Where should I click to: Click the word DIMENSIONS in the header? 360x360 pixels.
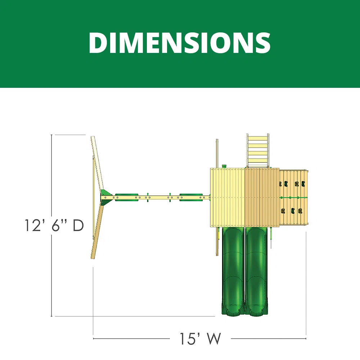coord(180,43)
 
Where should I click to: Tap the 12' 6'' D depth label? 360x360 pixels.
coord(54,225)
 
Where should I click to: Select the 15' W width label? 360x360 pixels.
coord(200,339)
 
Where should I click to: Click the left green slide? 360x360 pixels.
coord(233,271)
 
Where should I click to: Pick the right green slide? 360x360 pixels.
coord(256,271)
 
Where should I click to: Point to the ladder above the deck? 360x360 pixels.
coord(258,150)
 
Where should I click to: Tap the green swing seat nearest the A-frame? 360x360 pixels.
coord(126,197)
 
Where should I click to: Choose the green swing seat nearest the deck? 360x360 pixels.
coord(191,197)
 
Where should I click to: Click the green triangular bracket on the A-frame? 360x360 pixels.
coord(106,197)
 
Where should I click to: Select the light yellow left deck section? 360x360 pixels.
coord(228,197)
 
